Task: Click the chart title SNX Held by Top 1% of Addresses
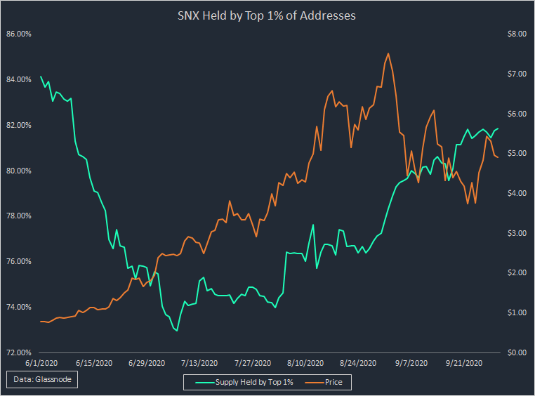267,15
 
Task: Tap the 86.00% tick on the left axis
18,33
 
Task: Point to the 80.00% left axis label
18,170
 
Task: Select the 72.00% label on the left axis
18,352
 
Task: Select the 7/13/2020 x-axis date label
200,363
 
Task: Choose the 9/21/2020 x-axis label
464,363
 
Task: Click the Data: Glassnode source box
44,380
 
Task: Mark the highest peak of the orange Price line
388,53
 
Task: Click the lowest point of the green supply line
177,331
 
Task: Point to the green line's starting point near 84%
41,76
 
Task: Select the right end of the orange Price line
498,157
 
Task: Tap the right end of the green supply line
498,128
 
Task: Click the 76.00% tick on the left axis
18,261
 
